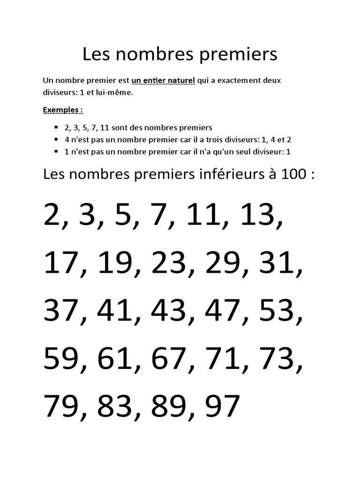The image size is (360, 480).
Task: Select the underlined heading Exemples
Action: tap(63, 110)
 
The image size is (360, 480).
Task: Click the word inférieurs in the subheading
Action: tap(225, 175)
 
